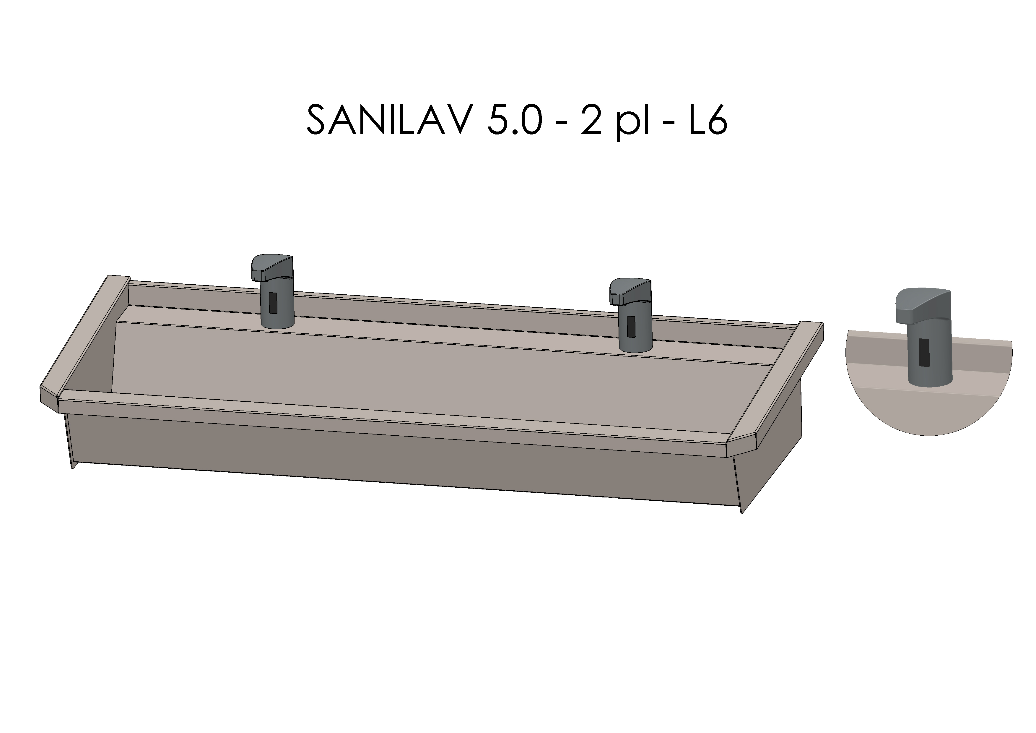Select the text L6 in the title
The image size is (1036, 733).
pyautogui.click(x=707, y=120)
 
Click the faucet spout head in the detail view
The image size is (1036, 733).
pyautogui.click(x=923, y=305)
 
